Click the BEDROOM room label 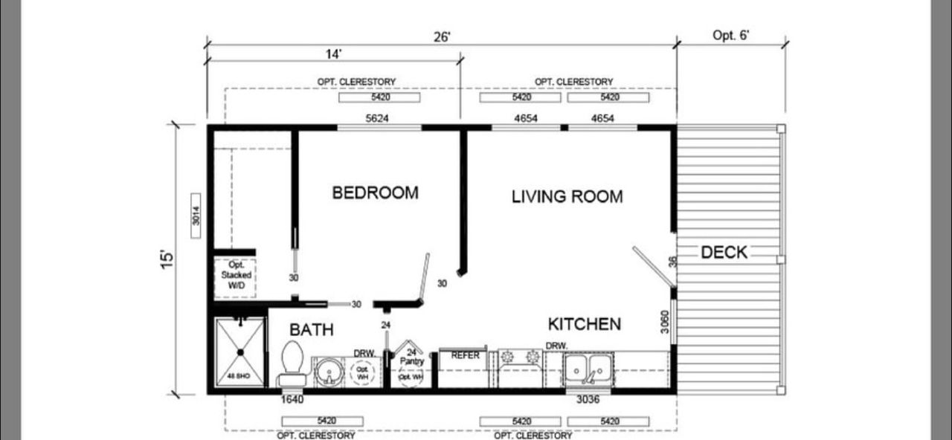(x=375, y=193)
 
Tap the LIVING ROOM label (x=567, y=197)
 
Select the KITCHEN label (x=584, y=324)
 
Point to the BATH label (x=311, y=330)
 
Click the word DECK (x=724, y=253)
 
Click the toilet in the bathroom (x=291, y=363)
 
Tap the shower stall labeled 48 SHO (x=239, y=352)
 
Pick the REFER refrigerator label (x=466, y=355)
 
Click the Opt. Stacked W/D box (x=236, y=276)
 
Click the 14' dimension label (x=332, y=54)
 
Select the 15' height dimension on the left (x=169, y=259)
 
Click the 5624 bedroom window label (x=377, y=117)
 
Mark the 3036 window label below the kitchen (x=588, y=400)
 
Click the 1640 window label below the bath (x=292, y=400)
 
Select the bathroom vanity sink (x=328, y=370)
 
